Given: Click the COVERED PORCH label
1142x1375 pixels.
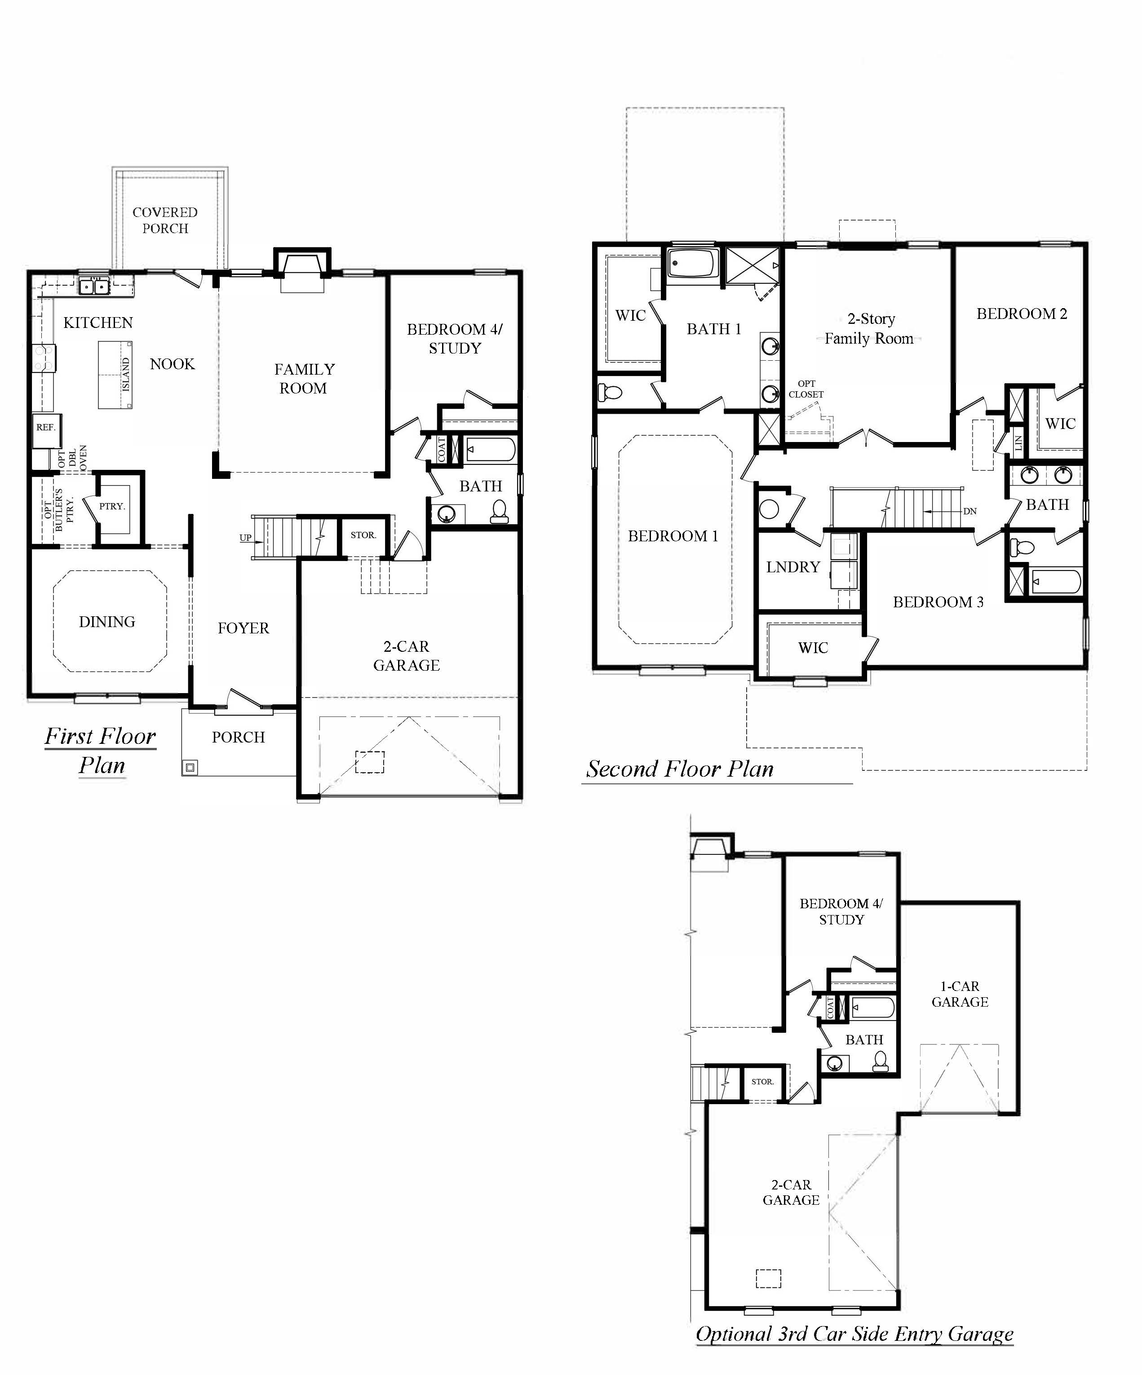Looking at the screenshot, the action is pos(165,220).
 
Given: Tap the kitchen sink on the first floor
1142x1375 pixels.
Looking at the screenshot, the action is pos(93,286).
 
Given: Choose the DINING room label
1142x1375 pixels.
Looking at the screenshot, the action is pos(107,621).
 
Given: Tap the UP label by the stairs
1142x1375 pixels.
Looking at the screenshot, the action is pos(246,538).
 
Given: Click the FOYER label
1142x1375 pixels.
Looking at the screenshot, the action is pos(243,628).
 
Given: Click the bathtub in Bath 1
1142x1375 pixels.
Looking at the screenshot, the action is pos(693,265).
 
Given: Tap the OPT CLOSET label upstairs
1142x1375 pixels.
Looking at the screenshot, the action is pos(806,389).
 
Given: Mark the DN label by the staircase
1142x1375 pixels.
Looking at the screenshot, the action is pos(970,511).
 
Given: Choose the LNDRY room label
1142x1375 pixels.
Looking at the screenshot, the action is pos(793,567).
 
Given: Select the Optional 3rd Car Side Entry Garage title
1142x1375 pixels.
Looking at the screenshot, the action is pos(854,1334).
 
